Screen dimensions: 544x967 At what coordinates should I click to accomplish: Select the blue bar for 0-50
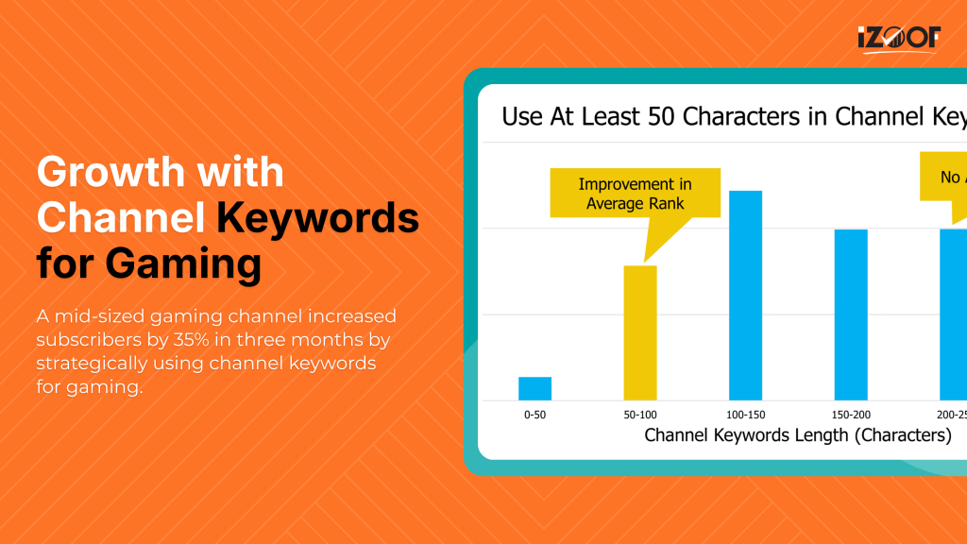coord(534,388)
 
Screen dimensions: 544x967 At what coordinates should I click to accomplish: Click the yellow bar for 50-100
coord(640,332)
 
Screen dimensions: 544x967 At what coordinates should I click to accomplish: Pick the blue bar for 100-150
coord(745,295)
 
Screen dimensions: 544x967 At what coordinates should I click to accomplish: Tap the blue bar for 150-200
coord(851,314)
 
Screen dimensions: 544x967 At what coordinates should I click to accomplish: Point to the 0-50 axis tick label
coord(534,416)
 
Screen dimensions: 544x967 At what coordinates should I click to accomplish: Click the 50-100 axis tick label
coord(640,416)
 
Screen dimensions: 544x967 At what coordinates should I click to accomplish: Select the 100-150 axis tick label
coord(745,416)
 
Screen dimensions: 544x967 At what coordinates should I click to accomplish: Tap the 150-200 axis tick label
coord(851,416)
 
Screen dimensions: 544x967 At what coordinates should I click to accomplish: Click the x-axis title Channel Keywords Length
coord(798,435)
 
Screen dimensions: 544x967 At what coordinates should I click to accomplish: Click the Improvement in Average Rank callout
coord(635,194)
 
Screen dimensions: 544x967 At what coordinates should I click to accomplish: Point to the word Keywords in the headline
coord(317,218)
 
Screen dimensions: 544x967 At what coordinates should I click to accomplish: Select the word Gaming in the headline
coord(183,263)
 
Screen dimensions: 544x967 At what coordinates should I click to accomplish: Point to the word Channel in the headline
coord(121,218)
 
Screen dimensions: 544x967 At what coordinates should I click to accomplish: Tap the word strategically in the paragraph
coord(88,363)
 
